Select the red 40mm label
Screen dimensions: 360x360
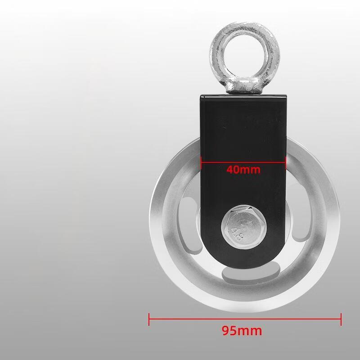click(x=243, y=170)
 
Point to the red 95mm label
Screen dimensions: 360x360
click(x=242, y=331)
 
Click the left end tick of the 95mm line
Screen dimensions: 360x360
click(x=149, y=319)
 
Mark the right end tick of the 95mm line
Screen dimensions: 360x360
click(x=341, y=319)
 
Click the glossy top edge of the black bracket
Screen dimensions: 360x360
click(x=243, y=95)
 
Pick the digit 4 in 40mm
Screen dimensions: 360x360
click(x=230, y=170)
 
